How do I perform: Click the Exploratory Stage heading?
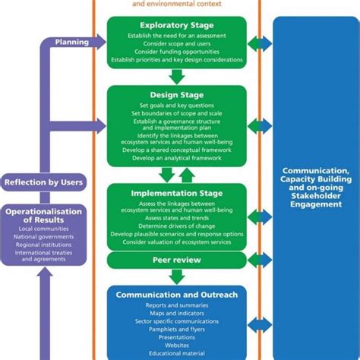pos(177,24)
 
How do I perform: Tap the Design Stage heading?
pos(177,95)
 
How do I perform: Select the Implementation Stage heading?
pos(177,193)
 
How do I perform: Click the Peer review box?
pos(177,261)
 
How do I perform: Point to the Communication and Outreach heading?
pos(177,295)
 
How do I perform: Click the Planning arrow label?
pos(71,43)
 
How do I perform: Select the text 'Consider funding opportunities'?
pos(177,50)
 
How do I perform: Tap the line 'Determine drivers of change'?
pos(177,226)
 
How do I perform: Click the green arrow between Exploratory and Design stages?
pos(177,76)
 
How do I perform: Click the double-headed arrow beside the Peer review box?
pos(260,261)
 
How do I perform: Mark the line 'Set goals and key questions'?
pos(177,106)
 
